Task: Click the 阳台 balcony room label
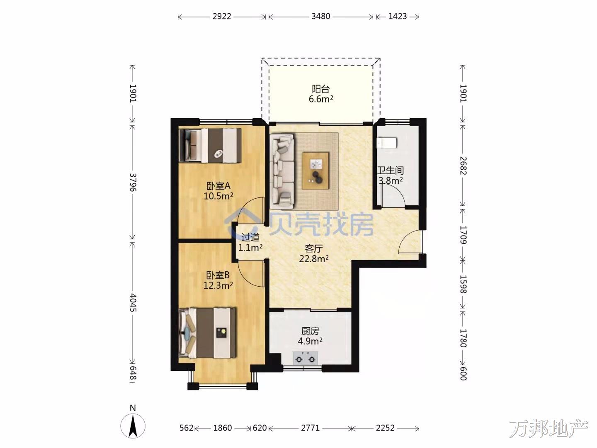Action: pyautogui.click(x=320, y=89)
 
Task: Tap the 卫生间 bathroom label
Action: pyautogui.click(x=390, y=170)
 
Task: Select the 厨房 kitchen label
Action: pyautogui.click(x=310, y=331)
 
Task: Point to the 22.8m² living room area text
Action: pyautogui.click(x=314, y=259)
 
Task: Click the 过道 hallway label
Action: pyautogui.click(x=250, y=237)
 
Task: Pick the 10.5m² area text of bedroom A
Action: pyautogui.click(x=218, y=196)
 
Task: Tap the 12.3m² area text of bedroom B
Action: pyautogui.click(x=218, y=285)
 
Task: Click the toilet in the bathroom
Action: pyautogui.click(x=387, y=143)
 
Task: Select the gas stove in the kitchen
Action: pyautogui.click(x=305, y=358)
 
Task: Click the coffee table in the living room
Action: pyautogui.click(x=315, y=171)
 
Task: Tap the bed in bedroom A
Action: pyautogui.click(x=210, y=146)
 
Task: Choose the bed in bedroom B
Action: pyautogui.click(x=207, y=333)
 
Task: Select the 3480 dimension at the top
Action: pyautogui.click(x=320, y=16)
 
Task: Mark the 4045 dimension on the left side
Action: pyautogui.click(x=133, y=302)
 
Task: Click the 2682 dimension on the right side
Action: pyautogui.click(x=463, y=166)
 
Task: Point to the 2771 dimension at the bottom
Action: pyautogui.click(x=310, y=428)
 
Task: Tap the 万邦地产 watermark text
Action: pyautogui.click(x=548, y=428)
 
